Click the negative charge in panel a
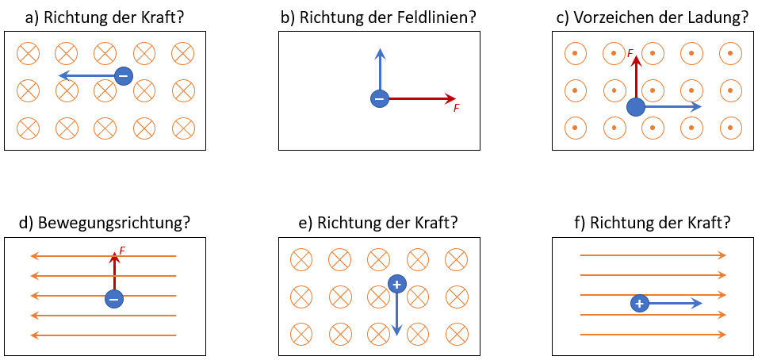[123, 76]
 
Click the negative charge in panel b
[380, 99]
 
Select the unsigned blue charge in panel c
[636, 106]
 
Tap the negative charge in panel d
[114, 299]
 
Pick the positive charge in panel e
[396, 283]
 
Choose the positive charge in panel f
[640, 303]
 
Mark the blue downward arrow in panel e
[396, 313]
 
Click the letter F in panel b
[457, 108]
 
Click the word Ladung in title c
[714, 17]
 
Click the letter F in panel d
[122, 251]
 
